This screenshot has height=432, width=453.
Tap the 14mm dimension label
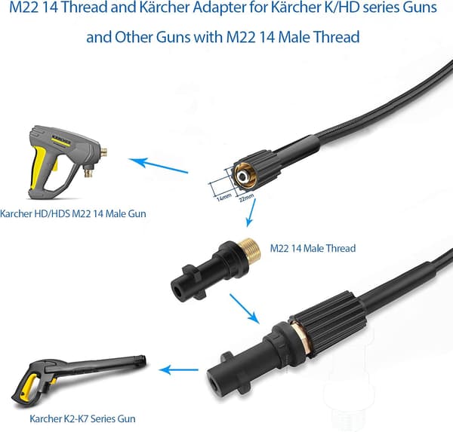pos(224,197)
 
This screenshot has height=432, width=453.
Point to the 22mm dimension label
pos(246,198)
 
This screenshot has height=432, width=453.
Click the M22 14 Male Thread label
pos(313,248)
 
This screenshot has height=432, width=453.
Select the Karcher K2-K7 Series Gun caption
pos(82,418)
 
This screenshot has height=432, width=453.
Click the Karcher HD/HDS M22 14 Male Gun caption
pos(72,213)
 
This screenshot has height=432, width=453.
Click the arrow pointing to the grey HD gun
pos(159,166)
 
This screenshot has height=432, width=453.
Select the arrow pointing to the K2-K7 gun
pos(178,369)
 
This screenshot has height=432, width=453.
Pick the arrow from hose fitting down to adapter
pos(251,213)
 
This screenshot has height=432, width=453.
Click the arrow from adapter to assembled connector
pos(244,308)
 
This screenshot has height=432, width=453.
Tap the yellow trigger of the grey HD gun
pos(55,164)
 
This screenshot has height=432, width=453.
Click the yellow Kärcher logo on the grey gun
pos(61,140)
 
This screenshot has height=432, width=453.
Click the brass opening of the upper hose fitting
pos(245,176)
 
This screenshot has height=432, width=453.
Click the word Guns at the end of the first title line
pos(420,8)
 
